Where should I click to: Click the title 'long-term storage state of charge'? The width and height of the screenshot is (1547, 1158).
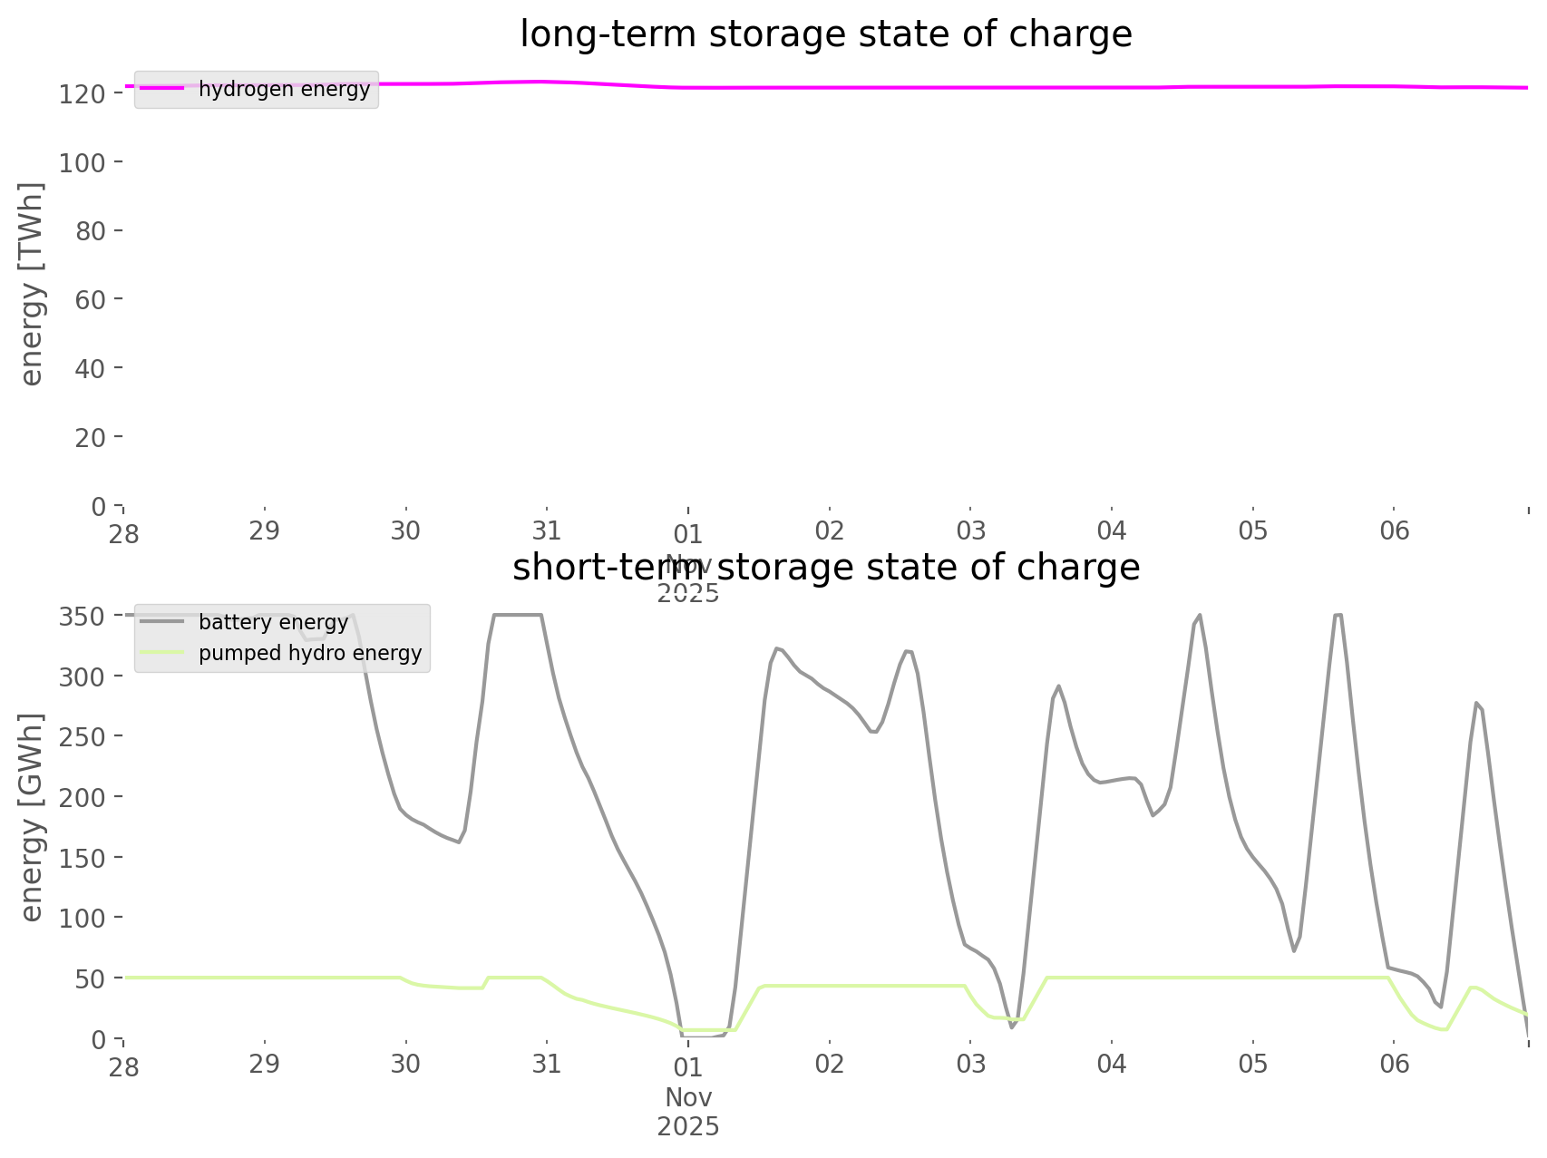[825, 34]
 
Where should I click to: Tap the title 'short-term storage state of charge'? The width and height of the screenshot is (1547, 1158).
[825, 568]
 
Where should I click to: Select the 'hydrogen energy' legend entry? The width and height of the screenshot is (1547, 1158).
[283, 89]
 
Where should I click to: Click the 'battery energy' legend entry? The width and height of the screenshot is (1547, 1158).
[272, 622]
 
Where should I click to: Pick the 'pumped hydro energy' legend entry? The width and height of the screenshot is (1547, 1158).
[309, 653]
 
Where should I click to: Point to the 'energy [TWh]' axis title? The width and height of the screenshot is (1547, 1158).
[32, 284]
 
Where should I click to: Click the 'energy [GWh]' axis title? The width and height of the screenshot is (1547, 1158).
[32, 817]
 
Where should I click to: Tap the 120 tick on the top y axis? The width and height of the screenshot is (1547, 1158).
[83, 93]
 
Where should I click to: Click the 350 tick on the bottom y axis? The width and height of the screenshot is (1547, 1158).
[83, 617]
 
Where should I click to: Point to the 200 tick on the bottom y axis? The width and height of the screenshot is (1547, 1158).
[83, 797]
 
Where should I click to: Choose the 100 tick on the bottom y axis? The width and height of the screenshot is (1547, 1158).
[83, 918]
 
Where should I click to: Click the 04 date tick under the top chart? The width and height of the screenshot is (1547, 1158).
[1112, 530]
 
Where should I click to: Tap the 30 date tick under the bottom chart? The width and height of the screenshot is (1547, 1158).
[405, 1064]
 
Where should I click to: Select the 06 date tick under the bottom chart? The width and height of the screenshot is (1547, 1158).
[1395, 1064]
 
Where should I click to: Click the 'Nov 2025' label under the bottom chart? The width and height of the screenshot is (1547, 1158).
[688, 1112]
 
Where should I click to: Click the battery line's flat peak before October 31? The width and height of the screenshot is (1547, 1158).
[518, 615]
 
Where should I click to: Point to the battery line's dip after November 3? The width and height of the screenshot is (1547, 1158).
[1012, 1027]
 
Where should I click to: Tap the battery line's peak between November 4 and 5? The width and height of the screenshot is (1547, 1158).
[1200, 615]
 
